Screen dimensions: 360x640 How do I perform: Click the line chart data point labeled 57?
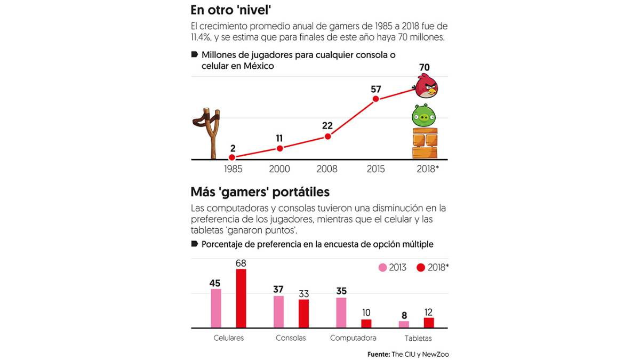click(x=376, y=99)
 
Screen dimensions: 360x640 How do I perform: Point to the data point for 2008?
click(x=327, y=137)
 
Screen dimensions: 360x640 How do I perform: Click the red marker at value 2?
click(x=232, y=157)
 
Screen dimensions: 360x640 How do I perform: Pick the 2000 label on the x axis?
click(x=279, y=169)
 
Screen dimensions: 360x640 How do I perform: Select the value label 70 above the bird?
click(x=425, y=68)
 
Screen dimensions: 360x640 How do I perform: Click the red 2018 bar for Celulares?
click(x=241, y=298)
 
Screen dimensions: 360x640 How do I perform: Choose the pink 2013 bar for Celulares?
click(x=216, y=308)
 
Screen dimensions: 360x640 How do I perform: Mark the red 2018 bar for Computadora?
click(x=366, y=323)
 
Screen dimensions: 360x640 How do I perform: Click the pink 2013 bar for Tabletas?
click(x=404, y=324)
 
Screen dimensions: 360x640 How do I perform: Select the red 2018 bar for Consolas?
click(x=303, y=313)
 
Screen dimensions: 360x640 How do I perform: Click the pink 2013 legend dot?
click(x=382, y=268)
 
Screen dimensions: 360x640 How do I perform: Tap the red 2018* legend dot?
click(x=421, y=268)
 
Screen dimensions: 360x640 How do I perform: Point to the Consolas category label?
click(x=291, y=338)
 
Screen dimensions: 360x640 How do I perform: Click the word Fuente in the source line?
click(x=378, y=354)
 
